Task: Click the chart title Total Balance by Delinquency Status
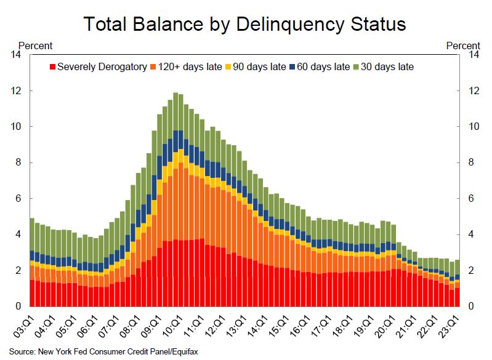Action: (x=245, y=24)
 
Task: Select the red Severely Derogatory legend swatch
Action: (x=52, y=66)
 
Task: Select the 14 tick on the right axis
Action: (x=474, y=55)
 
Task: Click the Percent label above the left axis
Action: (x=35, y=45)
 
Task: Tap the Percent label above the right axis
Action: (x=462, y=45)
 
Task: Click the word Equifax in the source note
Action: (x=182, y=352)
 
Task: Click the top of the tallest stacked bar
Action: (x=175, y=92)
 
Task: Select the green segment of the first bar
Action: (x=32, y=234)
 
